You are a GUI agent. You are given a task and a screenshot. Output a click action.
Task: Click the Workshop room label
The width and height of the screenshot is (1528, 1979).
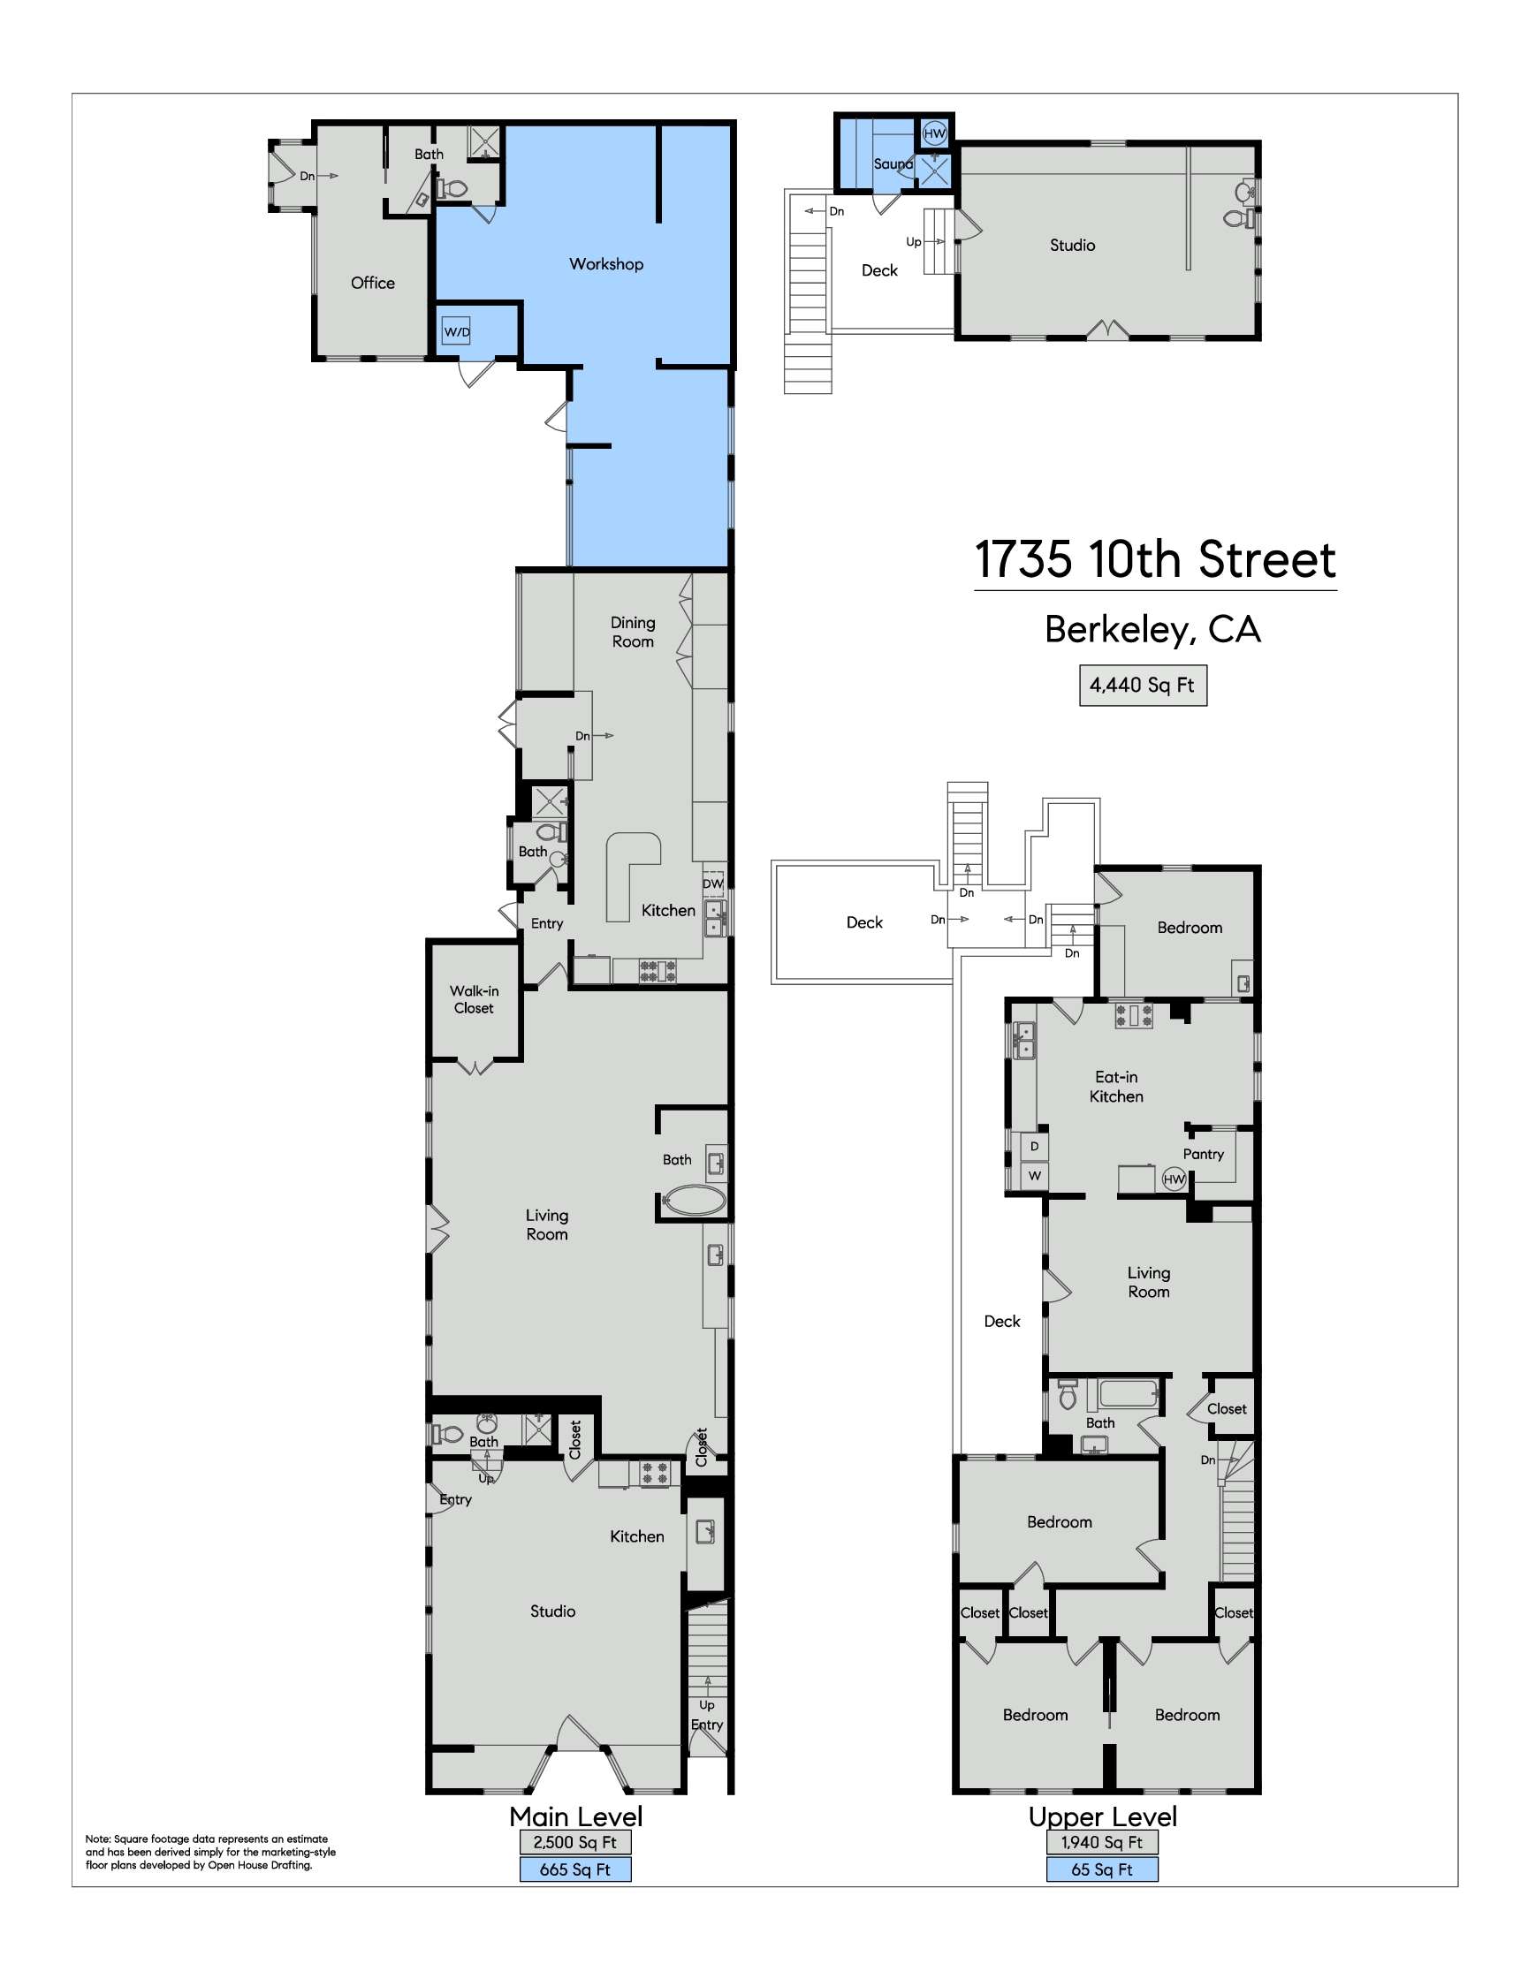click(606, 263)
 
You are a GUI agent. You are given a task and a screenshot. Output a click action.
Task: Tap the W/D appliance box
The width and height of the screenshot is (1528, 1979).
click(457, 331)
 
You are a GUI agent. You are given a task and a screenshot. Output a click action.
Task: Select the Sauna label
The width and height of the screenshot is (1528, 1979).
click(893, 164)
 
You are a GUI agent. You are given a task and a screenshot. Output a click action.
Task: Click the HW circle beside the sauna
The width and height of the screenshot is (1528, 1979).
click(934, 133)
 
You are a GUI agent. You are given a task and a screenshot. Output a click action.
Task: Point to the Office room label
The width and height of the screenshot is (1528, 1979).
click(372, 283)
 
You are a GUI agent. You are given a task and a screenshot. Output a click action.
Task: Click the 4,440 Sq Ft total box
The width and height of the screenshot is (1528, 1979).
click(1142, 685)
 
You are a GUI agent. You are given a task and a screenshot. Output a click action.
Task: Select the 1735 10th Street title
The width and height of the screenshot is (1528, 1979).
click(1154, 559)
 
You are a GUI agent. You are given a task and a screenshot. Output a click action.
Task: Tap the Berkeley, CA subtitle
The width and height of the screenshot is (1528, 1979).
click(1152, 629)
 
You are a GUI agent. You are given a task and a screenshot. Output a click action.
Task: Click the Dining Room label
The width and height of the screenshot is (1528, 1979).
click(633, 632)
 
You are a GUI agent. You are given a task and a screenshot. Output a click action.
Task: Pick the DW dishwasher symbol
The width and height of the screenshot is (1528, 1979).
click(713, 883)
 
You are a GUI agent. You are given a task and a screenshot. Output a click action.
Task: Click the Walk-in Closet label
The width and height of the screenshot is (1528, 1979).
click(474, 999)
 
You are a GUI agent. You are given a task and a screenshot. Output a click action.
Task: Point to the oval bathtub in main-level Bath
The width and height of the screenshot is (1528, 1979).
click(695, 1201)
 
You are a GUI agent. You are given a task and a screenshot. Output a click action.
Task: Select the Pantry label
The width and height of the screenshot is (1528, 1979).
click(1203, 1154)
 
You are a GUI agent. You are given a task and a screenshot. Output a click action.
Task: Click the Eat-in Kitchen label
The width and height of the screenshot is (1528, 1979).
click(1115, 1087)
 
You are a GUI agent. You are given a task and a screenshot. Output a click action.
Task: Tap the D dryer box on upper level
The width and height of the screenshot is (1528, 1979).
click(1034, 1146)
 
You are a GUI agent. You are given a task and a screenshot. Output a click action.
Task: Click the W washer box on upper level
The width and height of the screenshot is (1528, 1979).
click(1034, 1175)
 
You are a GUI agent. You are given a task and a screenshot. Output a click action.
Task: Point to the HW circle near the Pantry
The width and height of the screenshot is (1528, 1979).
click(1174, 1179)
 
